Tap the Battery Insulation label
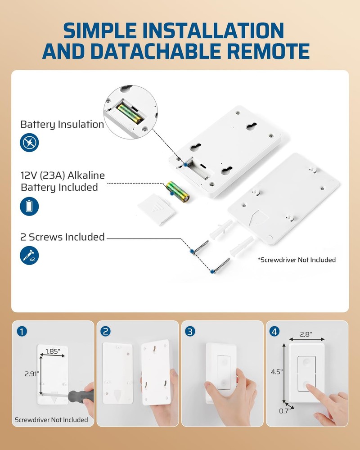coord(62,124)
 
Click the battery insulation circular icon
coord(30,143)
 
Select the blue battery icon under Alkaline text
coord(30,207)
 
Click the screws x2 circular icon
coord(30,255)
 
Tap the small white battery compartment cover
coord(154,209)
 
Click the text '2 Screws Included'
coord(62,237)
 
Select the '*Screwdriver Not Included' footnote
coord(297,260)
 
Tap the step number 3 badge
coord(191,332)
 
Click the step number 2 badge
coord(106,332)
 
